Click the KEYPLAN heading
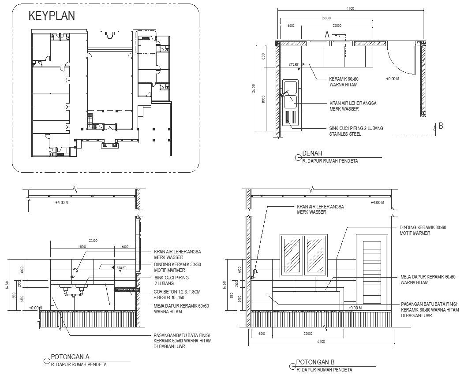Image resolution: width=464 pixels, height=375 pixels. pyautogui.click(x=52, y=16)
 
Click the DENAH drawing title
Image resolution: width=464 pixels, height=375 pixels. pyautogui.click(x=312, y=154)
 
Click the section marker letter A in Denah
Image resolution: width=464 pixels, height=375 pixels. pyautogui.click(x=327, y=34)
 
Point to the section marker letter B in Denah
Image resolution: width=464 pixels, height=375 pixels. pyautogui.click(x=440, y=126)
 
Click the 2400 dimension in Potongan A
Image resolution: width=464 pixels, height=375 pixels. pyautogui.click(x=93, y=241)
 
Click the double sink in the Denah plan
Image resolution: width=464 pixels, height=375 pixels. pyautogui.click(x=290, y=95)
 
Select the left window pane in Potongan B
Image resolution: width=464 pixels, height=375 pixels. pyautogui.click(x=292, y=256)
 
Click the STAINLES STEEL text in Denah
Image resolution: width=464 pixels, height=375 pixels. pyautogui.click(x=345, y=134)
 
